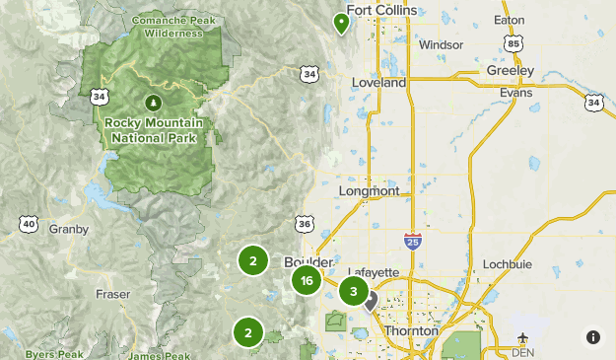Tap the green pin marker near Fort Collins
(342, 22)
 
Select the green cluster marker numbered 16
(308, 281)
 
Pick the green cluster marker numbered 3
(353, 291)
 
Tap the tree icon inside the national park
(153, 102)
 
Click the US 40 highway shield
(27, 224)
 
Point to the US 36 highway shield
(304, 224)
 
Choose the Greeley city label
(510, 71)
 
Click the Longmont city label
(368, 190)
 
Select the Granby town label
(69, 229)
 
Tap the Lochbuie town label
(508, 265)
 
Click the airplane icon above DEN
(522, 338)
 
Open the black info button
(593, 337)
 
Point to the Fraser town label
(113, 294)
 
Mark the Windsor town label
(440, 44)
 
